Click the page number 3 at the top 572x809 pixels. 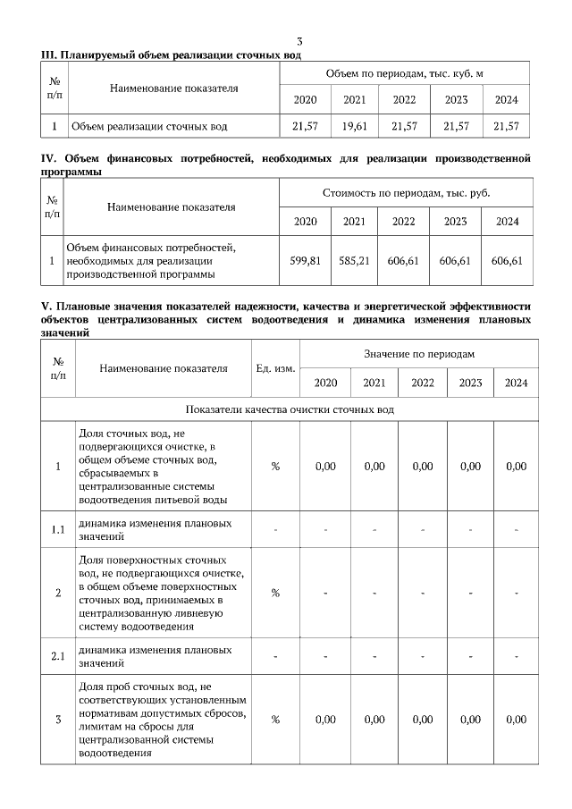click(299, 41)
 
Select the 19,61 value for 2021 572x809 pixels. click(355, 126)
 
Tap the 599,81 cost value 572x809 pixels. click(306, 260)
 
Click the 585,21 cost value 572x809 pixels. click(355, 260)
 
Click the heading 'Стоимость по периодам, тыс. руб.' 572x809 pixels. click(406, 192)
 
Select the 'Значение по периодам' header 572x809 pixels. click(419, 355)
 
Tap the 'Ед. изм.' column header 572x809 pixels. click(275, 368)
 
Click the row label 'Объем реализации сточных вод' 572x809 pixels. click(149, 126)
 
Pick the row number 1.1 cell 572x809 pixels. click(58, 529)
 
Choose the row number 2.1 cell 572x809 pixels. click(58, 656)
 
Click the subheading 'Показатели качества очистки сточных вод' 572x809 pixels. click(290, 409)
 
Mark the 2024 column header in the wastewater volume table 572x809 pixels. click(507, 99)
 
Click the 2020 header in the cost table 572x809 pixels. click(306, 221)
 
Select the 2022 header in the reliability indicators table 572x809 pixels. click(423, 383)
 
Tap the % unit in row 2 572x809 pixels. click(275, 593)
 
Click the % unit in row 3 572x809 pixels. click(275, 720)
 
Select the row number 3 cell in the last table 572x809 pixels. click(58, 720)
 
